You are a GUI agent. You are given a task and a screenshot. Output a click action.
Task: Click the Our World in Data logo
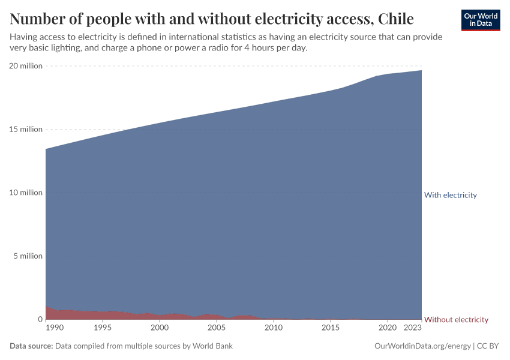480,20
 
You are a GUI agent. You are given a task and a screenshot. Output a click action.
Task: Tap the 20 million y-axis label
26,66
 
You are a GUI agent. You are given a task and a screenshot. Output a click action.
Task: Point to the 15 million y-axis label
26,129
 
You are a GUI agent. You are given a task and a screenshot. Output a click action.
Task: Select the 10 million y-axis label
26,193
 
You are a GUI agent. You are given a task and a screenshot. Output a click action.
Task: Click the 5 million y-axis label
28,256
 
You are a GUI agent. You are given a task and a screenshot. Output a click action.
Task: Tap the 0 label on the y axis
40,319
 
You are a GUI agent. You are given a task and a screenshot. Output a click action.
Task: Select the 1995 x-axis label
103,328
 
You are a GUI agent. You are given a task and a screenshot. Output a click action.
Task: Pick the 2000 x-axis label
160,328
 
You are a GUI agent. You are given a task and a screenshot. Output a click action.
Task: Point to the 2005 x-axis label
217,328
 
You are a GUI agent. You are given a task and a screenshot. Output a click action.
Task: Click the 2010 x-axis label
274,328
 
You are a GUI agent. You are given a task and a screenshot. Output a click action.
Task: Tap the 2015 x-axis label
331,328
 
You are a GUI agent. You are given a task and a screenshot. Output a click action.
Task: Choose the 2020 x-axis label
388,328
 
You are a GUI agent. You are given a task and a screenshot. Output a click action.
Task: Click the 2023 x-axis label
413,328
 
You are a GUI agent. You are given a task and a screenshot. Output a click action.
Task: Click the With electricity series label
450,195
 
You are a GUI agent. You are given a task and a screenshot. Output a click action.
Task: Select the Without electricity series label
456,320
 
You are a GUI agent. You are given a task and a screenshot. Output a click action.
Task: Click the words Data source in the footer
31,346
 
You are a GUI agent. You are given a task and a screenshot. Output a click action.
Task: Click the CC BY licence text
489,346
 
